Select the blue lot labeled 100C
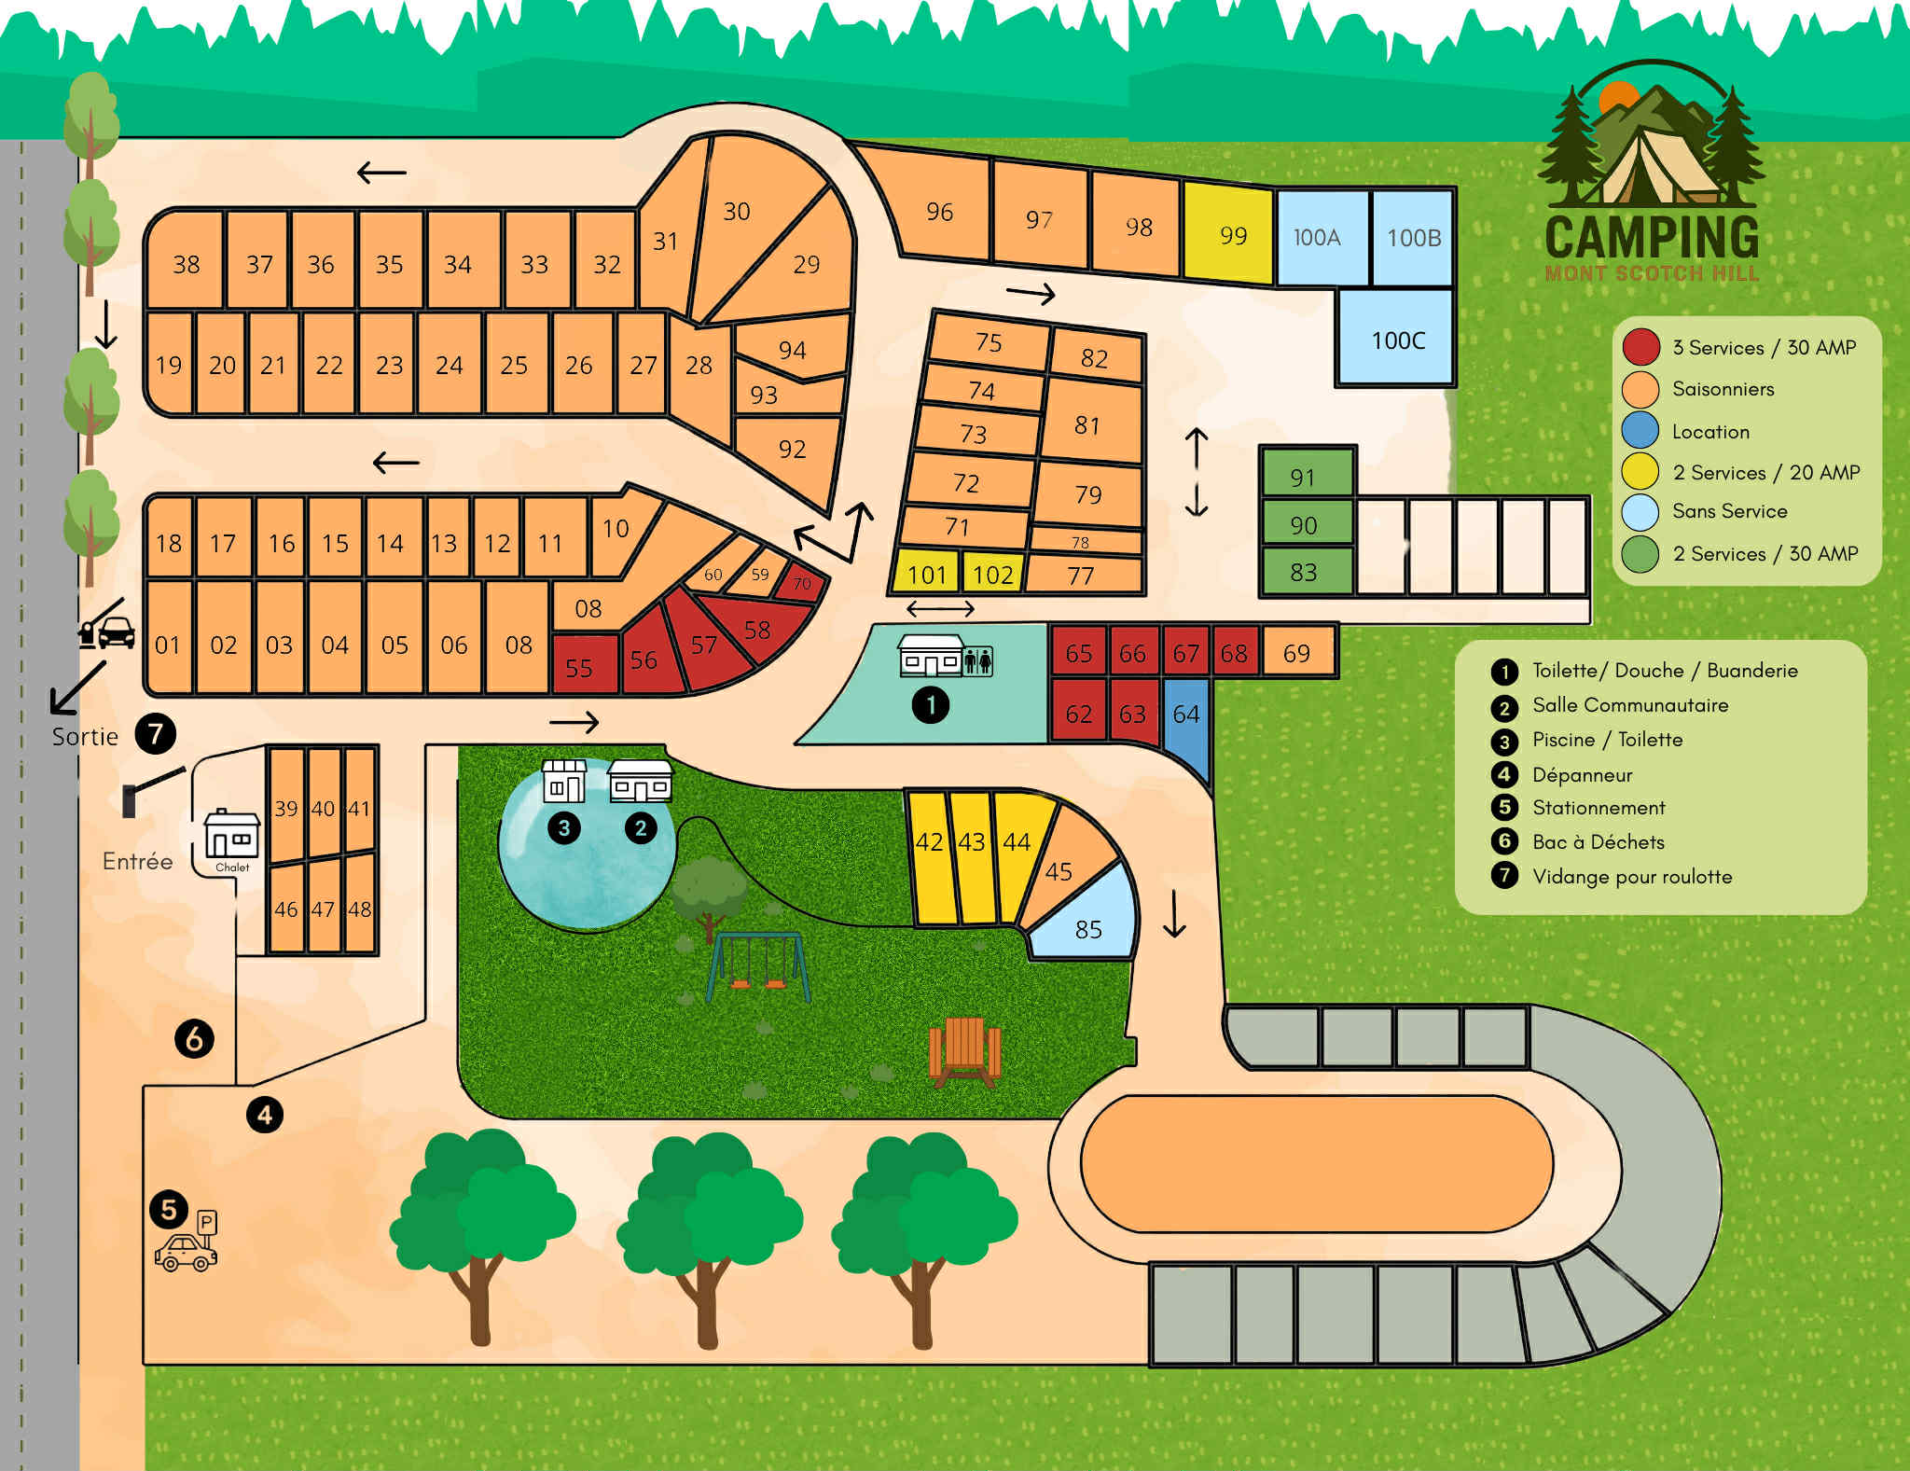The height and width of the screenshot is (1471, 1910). (1396, 340)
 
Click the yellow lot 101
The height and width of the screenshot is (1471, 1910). (926, 573)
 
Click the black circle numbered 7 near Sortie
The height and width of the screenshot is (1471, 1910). (156, 734)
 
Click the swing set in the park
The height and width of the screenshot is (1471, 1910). (756, 966)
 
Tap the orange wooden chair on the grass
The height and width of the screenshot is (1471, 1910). (964, 1051)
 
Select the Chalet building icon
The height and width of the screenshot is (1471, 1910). (231, 834)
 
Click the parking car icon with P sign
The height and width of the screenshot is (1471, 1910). (187, 1244)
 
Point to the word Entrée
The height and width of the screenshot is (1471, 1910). (137, 861)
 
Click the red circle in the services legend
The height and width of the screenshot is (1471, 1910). (1640, 347)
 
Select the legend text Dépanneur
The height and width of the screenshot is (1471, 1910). (1582, 774)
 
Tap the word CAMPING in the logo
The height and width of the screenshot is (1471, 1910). (1651, 237)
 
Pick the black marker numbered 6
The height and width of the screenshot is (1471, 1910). (194, 1038)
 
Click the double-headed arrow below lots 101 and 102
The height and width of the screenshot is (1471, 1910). (940, 609)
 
